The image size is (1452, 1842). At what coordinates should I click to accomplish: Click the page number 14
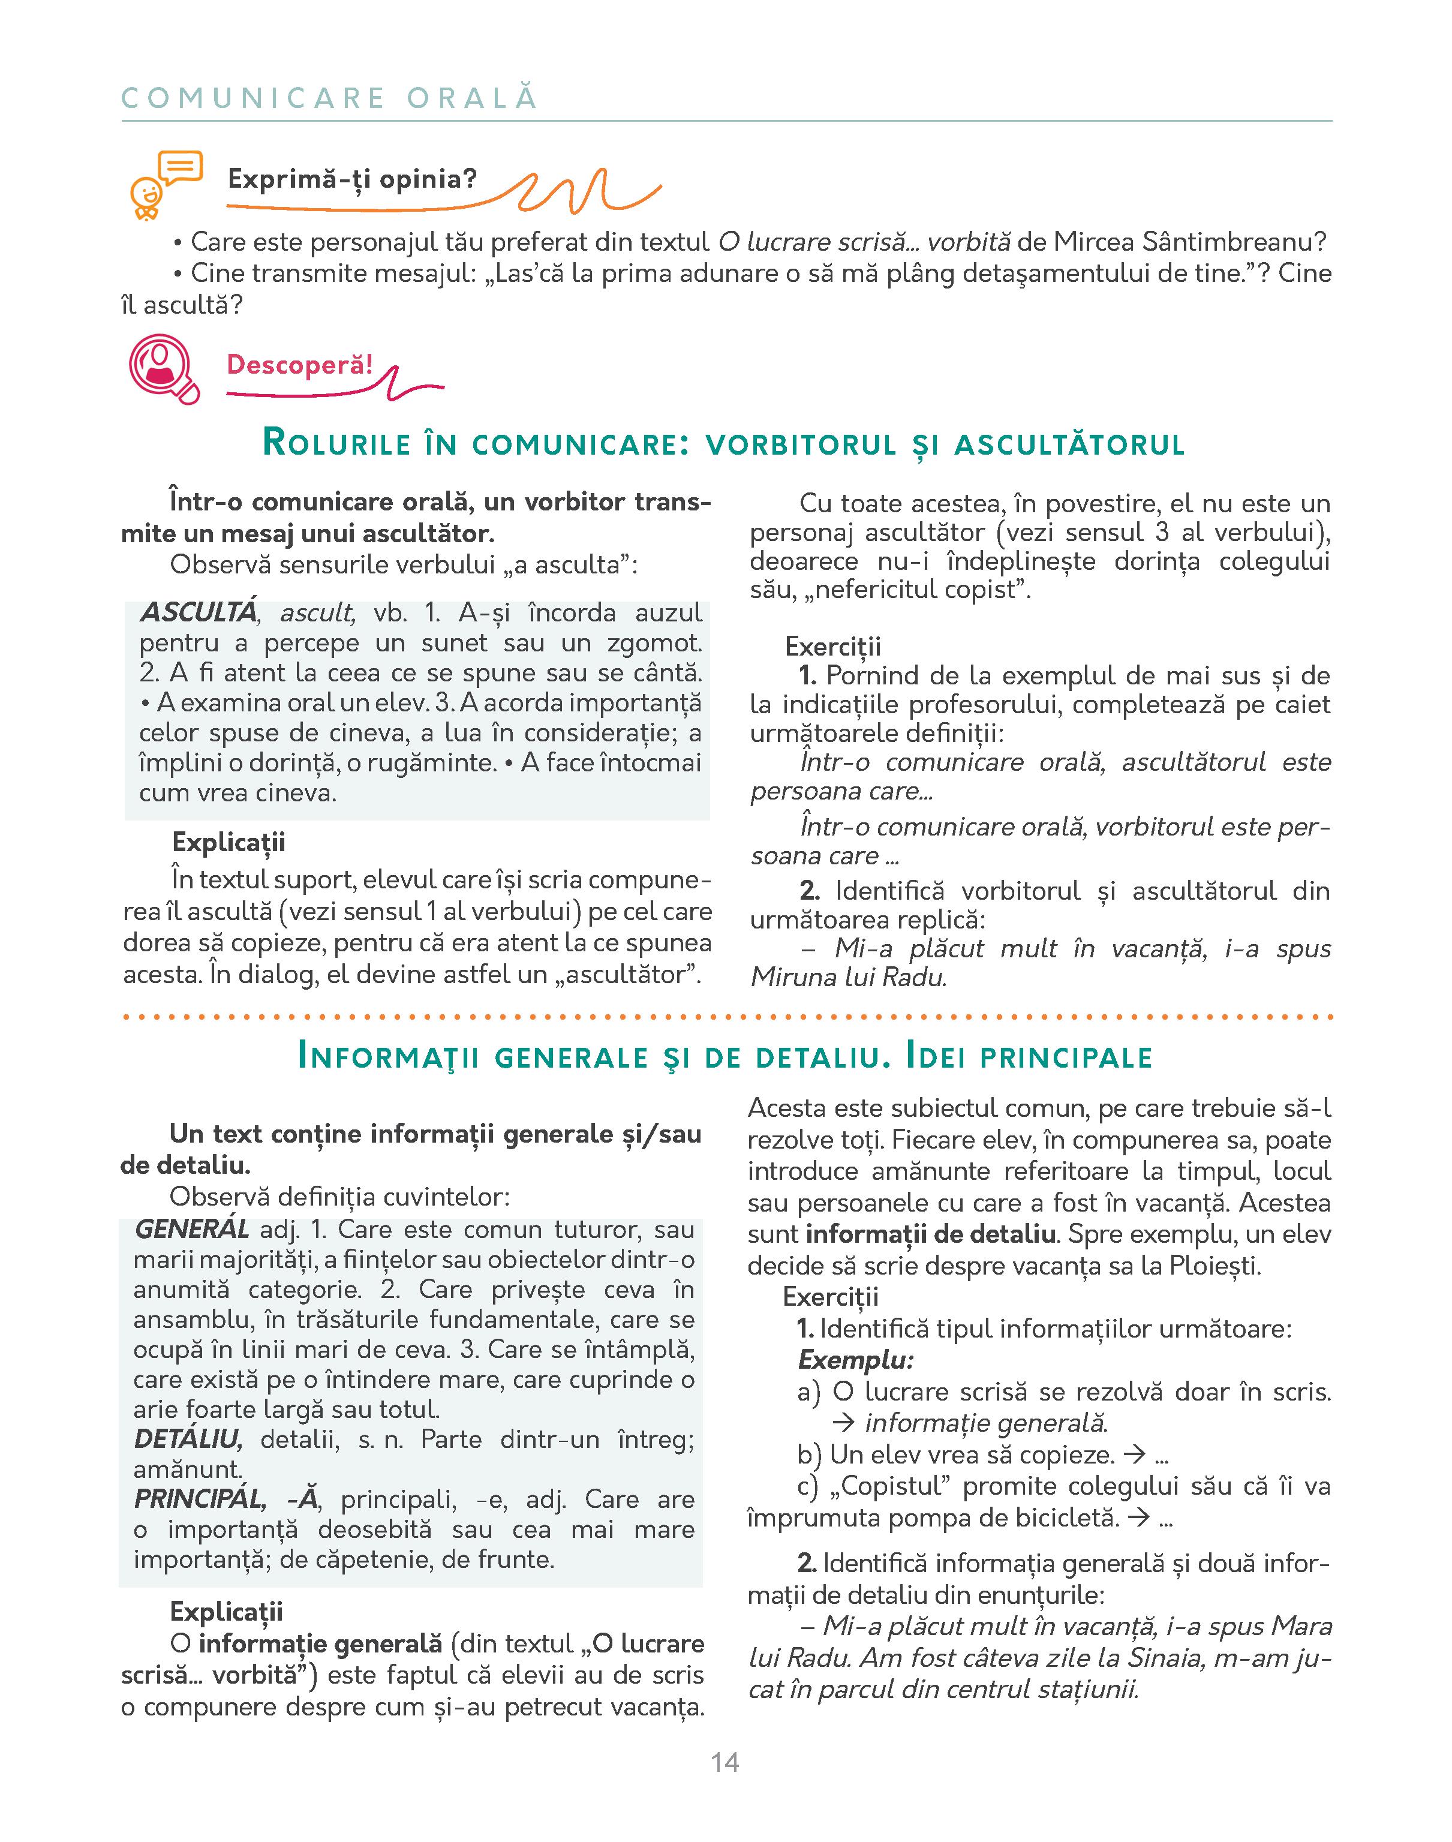click(x=725, y=1762)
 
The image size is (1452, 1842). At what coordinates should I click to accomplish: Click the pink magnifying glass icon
click(x=163, y=369)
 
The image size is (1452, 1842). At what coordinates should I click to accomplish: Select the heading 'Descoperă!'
click(x=299, y=365)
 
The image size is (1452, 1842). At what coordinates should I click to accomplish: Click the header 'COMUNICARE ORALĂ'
click(x=329, y=98)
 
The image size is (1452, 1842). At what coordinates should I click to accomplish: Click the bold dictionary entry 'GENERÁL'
click(x=192, y=1229)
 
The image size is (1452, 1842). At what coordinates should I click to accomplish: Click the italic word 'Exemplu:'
click(x=855, y=1360)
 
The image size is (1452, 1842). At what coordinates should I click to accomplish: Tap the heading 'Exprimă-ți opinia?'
click(x=352, y=179)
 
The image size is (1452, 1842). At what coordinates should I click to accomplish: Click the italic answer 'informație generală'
click(x=986, y=1423)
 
